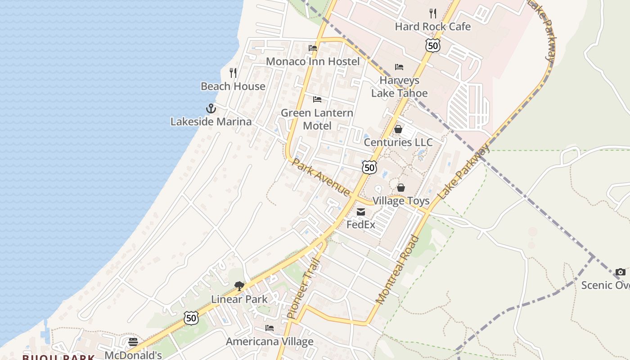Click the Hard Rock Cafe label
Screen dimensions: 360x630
432,27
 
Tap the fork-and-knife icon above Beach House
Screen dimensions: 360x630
233,73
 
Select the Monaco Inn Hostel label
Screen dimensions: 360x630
313,61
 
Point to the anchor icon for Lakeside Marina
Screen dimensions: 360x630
211,108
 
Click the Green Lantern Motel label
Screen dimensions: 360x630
317,119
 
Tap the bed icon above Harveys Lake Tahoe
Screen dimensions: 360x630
399,67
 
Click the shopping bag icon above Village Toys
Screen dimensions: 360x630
400,188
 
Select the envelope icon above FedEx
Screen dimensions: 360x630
361,212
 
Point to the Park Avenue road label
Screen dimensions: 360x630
320,177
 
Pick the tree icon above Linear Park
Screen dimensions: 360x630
239,286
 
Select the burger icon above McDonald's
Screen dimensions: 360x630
133,342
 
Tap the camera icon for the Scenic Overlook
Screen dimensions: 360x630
620,272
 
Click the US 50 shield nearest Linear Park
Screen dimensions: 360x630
191,318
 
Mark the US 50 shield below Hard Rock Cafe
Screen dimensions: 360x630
432,45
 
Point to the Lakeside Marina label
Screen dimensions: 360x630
211,121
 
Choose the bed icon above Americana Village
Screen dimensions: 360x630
269,328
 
